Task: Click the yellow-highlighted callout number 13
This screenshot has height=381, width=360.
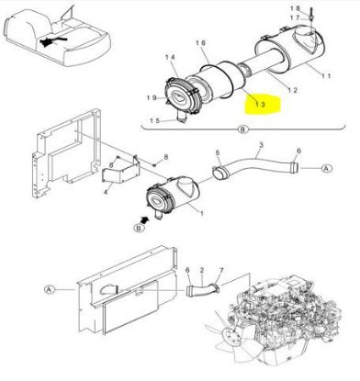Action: [261, 105]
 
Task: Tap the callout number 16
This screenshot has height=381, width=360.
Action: [201, 43]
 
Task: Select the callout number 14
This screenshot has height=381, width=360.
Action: [170, 57]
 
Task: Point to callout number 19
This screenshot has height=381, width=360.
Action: [152, 98]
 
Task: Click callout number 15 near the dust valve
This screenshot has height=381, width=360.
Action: [155, 121]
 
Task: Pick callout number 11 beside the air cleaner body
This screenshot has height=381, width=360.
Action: [326, 75]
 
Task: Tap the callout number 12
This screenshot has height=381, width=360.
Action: [292, 90]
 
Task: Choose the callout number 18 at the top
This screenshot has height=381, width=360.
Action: [296, 8]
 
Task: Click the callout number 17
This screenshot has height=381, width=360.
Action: [295, 18]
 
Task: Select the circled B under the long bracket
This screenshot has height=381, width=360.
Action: [242, 129]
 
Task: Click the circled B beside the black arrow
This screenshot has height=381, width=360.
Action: [139, 228]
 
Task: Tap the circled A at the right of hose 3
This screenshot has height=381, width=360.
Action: [327, 168]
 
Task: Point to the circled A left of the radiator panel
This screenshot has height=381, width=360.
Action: [50, 289]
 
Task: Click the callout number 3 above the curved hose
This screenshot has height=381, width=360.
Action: [261, 145]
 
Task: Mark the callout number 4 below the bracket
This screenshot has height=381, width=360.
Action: [106, 193]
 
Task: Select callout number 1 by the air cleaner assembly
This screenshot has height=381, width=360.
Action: [202, 214]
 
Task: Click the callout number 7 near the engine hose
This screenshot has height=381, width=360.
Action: [221, 270]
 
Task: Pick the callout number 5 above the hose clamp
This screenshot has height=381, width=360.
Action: [218, 152]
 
